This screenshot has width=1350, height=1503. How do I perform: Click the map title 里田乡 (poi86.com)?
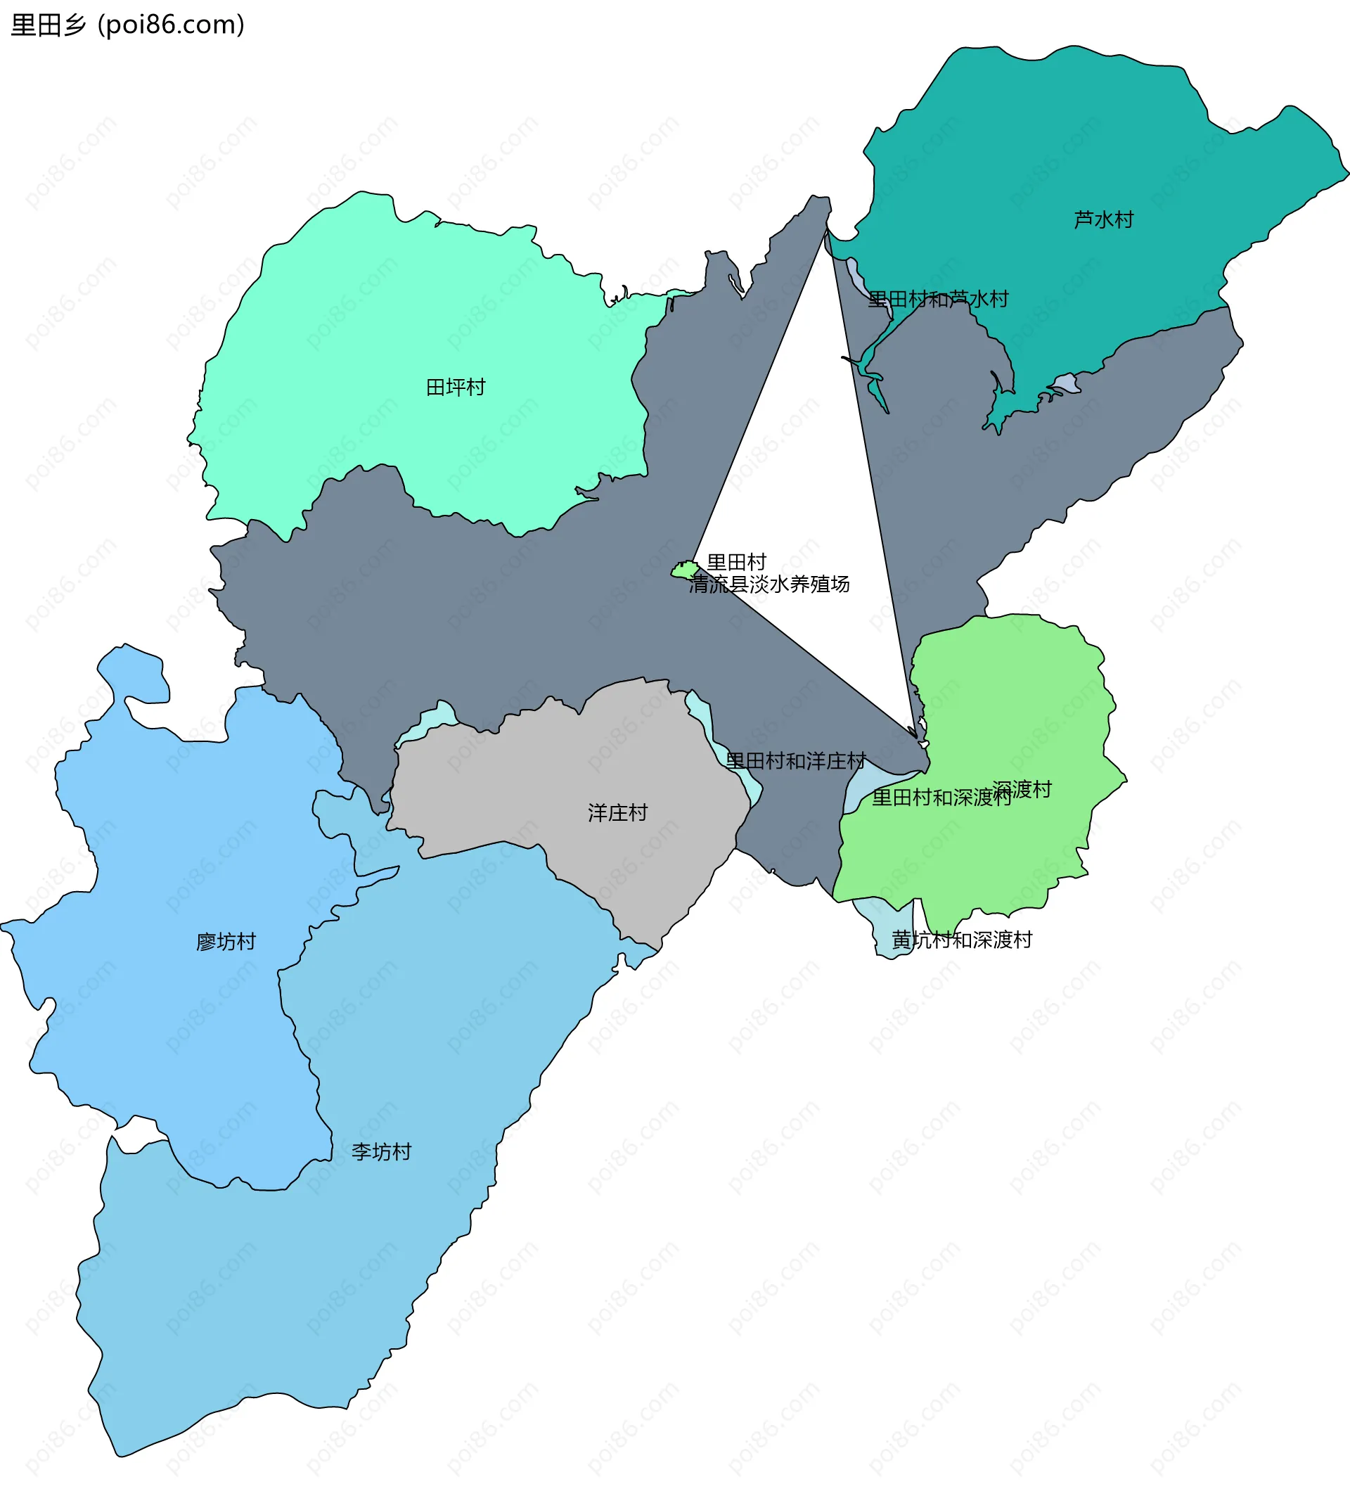(127, 25)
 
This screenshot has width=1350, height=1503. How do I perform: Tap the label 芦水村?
(1103, 219)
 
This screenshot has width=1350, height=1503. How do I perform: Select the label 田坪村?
(456, 388)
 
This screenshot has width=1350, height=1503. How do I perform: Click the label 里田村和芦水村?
(939, 299)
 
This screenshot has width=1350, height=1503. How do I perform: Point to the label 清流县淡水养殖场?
(769, 584)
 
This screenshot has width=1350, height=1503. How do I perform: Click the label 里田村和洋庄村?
(796, 760)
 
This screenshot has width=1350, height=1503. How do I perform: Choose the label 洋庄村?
(617, 812)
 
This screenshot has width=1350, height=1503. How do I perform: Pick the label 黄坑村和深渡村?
(962, 940)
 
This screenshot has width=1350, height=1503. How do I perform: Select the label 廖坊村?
(226, 942)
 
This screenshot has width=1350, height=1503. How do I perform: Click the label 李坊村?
(381, 1151)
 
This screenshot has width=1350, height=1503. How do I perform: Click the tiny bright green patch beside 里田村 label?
(684, 570)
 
